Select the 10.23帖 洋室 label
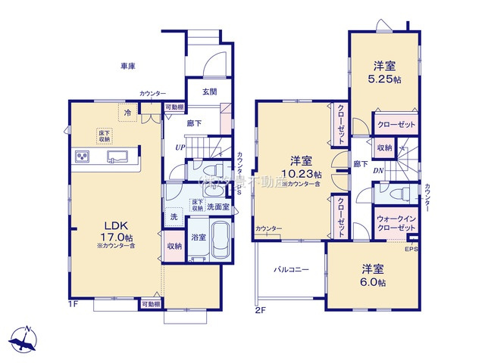coord(300,166)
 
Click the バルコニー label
coord(291,271)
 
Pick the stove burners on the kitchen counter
coord(83,157)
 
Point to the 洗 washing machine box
coord(174,218)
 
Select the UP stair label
coord(180,147)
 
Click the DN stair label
coord(377,171)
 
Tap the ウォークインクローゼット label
coord(396,223)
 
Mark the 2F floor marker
coord(259,309)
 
